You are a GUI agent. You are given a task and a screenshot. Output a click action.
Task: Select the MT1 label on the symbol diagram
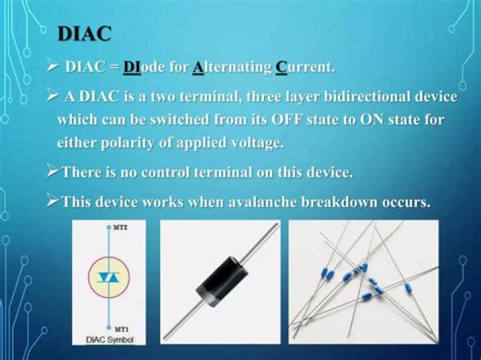[x=121, y=329]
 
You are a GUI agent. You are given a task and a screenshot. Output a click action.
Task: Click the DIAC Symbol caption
[x=110, y=340]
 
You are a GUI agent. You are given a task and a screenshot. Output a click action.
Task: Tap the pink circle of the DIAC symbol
[x=109, y=277]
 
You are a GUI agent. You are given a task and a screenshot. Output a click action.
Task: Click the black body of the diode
[x=220, y=280]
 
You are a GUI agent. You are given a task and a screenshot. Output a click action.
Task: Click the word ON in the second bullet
[x=354, y=120]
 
